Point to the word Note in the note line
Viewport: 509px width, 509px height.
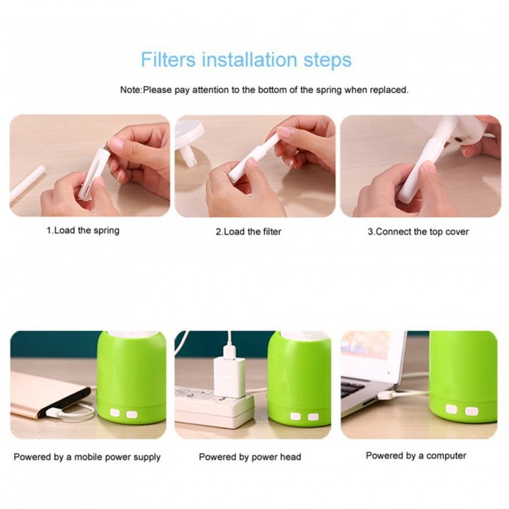pyautogui.click(x=131, y=90)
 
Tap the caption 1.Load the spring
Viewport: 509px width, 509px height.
pyautogui.click(x=83, y=230)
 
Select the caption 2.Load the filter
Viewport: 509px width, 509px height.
pyautogui.click(x=248, y=231)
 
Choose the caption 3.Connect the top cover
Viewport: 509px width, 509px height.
pyautogui.click(x=418, y=231)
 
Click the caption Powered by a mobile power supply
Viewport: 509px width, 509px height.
pyautogui.click(x=87, y=457)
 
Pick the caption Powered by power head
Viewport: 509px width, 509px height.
pyautogui.click(x=250, y=457)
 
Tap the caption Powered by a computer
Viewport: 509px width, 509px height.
pyautogui.click(x=416, y=456)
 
